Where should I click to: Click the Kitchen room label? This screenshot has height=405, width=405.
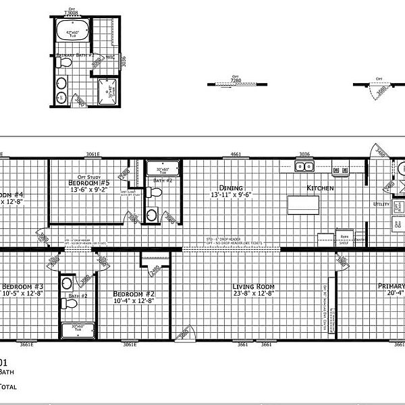pos(320,188)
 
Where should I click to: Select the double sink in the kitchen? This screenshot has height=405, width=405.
pos(303,167)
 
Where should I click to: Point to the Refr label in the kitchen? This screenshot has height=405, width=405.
pos(325,236)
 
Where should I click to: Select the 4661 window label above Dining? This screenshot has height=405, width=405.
pos(236,155)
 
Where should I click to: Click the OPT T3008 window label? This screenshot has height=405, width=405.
pos(70,11)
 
